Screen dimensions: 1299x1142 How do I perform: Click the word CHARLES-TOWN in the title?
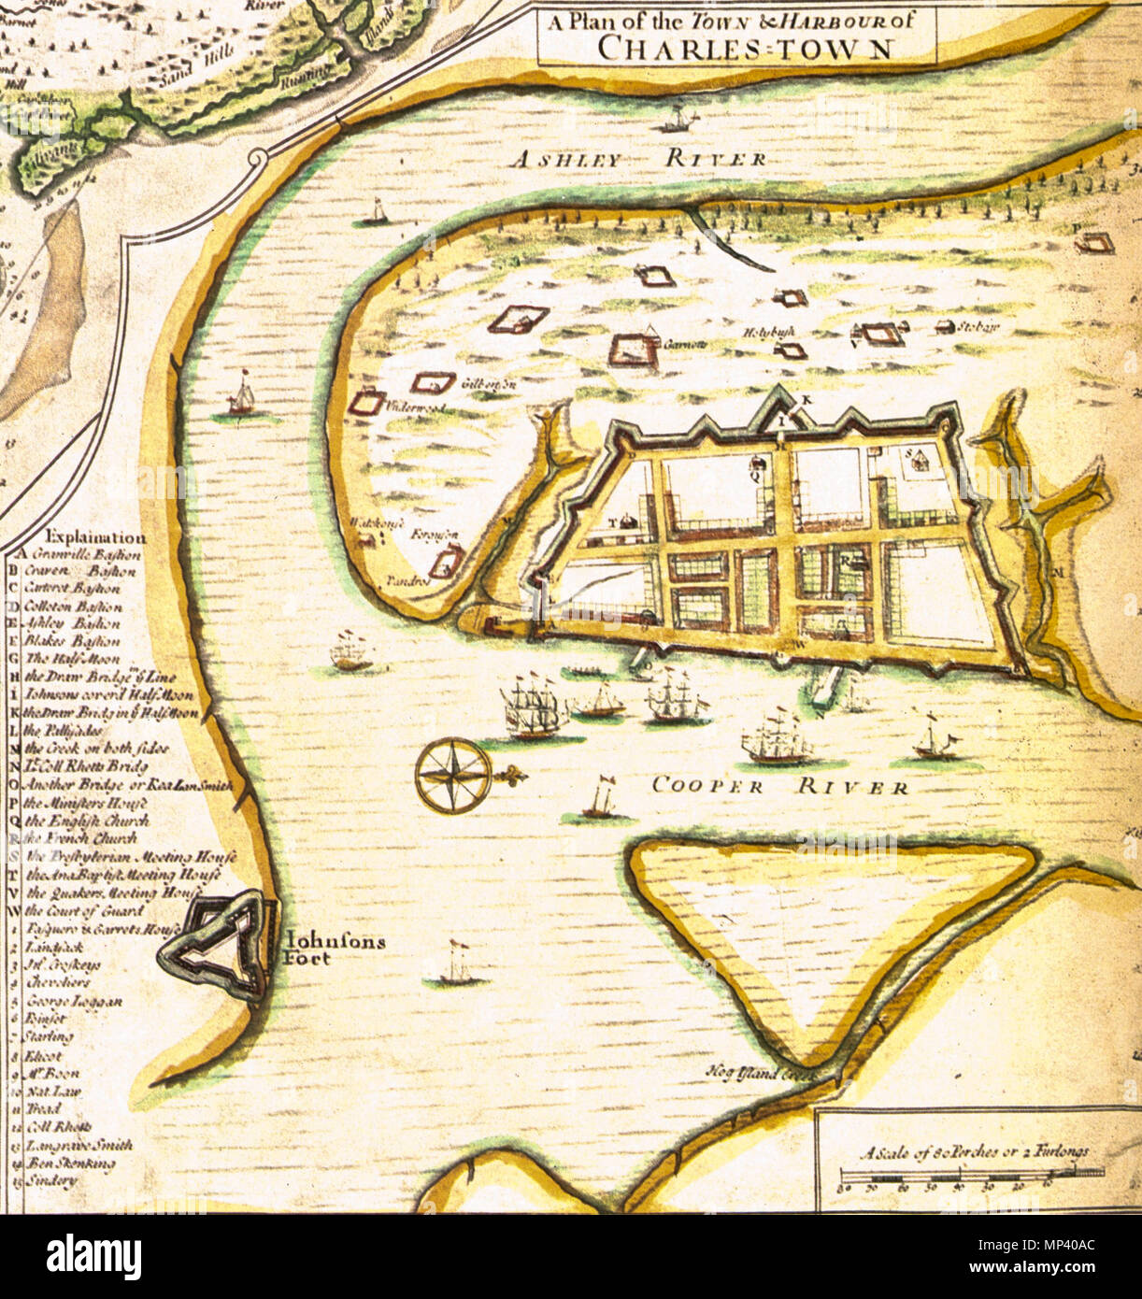click(x=744, y=48)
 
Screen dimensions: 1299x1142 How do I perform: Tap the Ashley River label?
click(x=638, y=159)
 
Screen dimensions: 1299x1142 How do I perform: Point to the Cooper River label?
click(x=779, y=786)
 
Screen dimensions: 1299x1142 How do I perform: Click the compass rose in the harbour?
click(x=453, y=775)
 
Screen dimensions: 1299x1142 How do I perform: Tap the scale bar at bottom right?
click(x=972, y=1172)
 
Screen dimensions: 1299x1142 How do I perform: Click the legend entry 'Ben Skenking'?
click(x=70, y=1163)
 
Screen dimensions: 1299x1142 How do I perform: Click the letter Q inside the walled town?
click(x=754, y=473)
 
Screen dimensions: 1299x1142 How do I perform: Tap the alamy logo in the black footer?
click(x=93, y=1256)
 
